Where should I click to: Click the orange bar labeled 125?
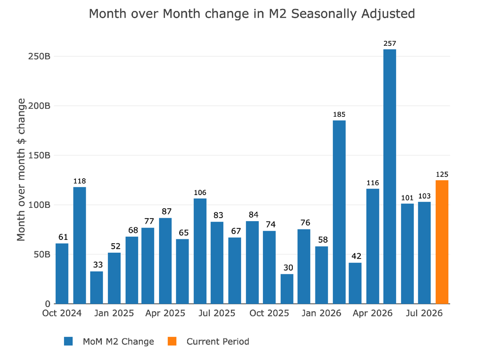click(442, 242)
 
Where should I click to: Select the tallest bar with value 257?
click(390, 176)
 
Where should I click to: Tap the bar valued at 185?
click(339, 212)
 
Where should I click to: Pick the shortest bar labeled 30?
click(287, 289)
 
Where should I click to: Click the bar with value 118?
click(79, 245)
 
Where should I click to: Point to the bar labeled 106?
click(200, 251)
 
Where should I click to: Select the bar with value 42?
click(355, 283)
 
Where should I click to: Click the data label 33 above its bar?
click(98, 265)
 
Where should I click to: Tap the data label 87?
click(166, 211)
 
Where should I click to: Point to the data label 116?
click(373, 183)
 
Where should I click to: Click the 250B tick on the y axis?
click(39, 56)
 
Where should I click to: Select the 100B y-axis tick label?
click(39, 205)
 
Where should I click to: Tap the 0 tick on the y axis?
click(48, 304)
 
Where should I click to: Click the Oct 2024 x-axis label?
click(62, 313)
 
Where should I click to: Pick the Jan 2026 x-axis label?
click(321, 313)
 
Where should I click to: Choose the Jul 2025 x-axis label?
click(217, 313)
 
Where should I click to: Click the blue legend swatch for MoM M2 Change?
click(68, 341)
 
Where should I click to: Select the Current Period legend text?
click(218, 341)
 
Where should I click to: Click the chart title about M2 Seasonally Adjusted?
click(252, 14)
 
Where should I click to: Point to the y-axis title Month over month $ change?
click(21, 169)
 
